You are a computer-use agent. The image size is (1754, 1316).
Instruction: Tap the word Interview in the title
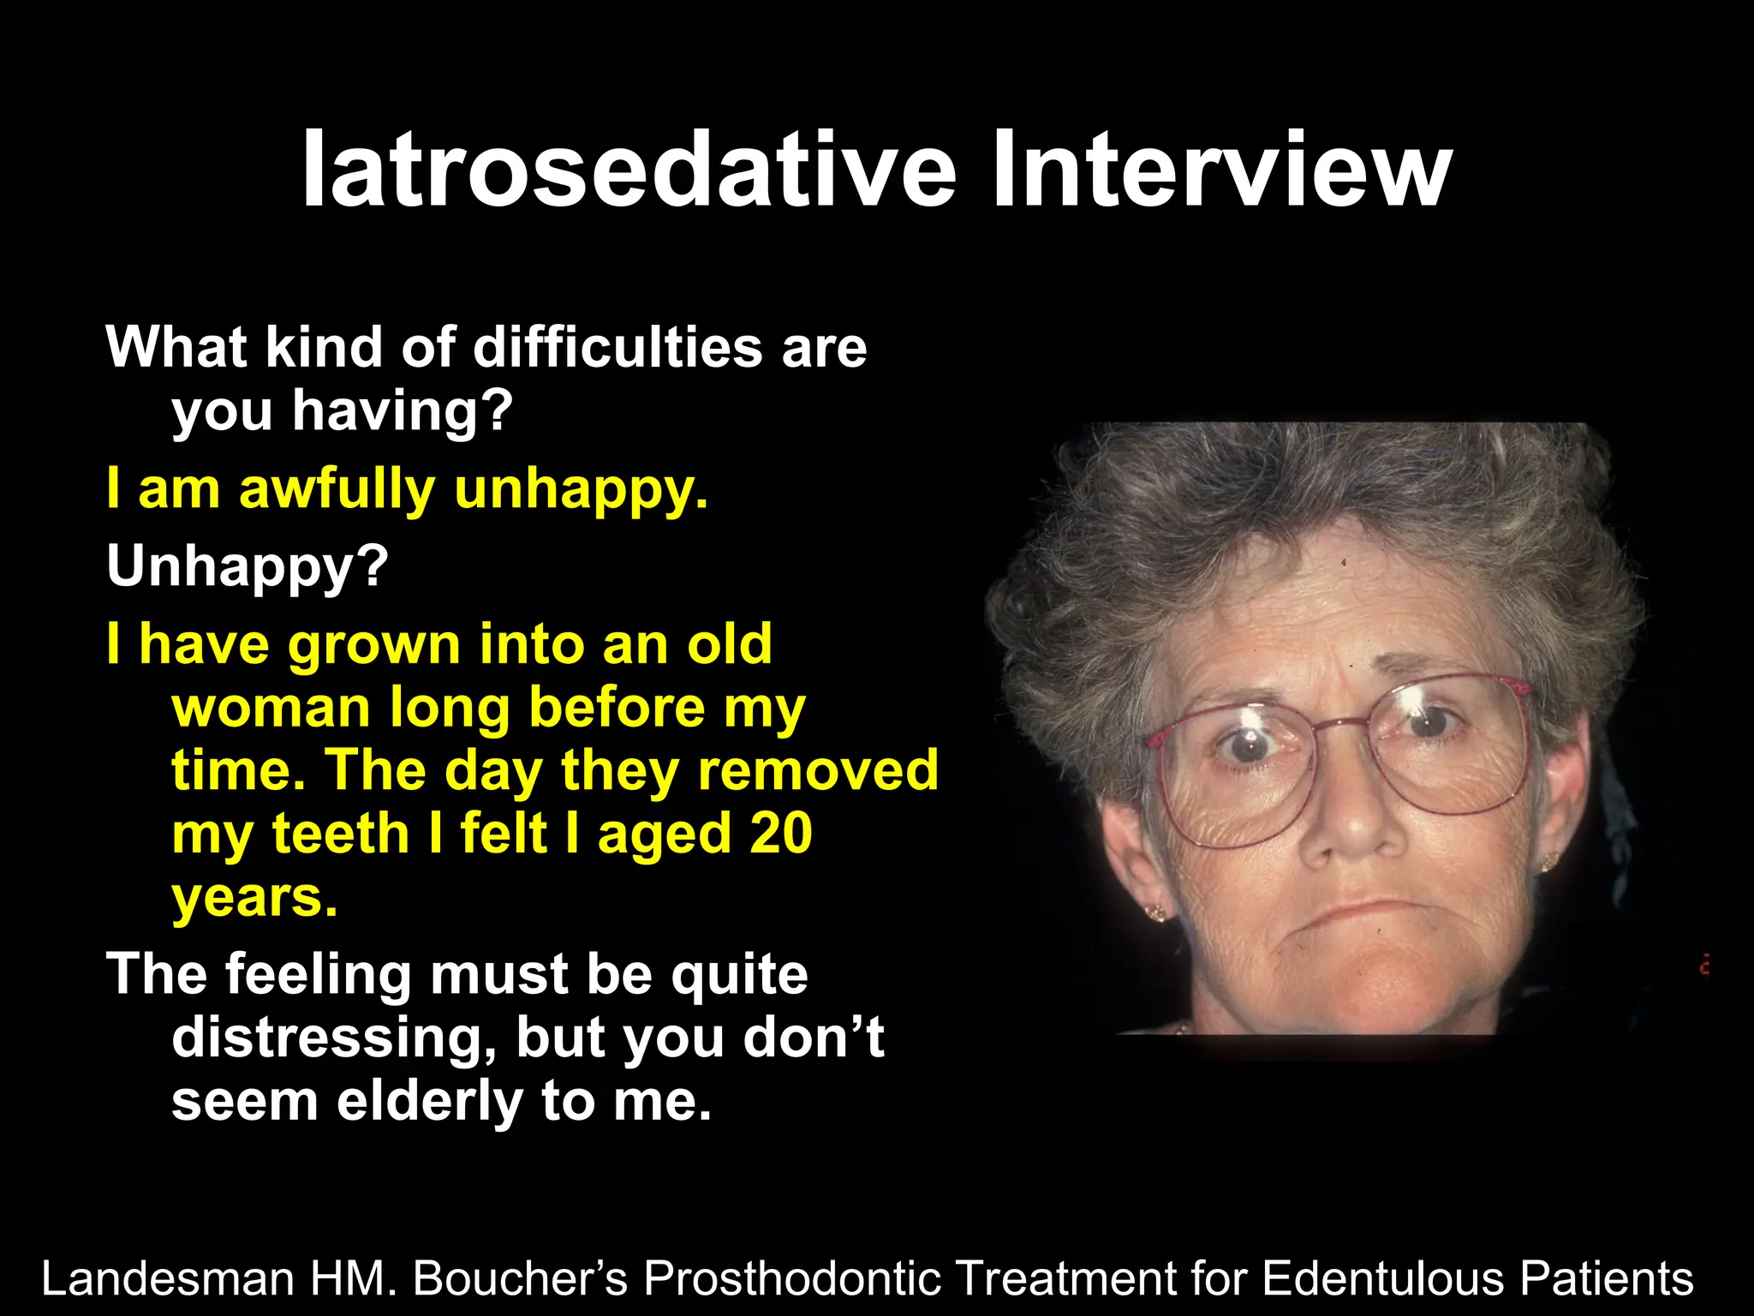coord(1220,170)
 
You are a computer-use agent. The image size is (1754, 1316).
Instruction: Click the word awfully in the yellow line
coord(337,489)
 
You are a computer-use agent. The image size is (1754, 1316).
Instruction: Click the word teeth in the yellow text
coord(341,833)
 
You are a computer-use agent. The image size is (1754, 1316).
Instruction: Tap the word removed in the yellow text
coord(818,769)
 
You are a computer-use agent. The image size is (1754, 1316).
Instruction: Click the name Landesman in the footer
coord(168,1278)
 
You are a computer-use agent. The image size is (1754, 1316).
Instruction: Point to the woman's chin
coord(1370,985)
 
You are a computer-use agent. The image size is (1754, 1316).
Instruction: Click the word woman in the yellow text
coord(270,708)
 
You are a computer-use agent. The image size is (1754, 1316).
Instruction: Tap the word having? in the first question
coord(402,411)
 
